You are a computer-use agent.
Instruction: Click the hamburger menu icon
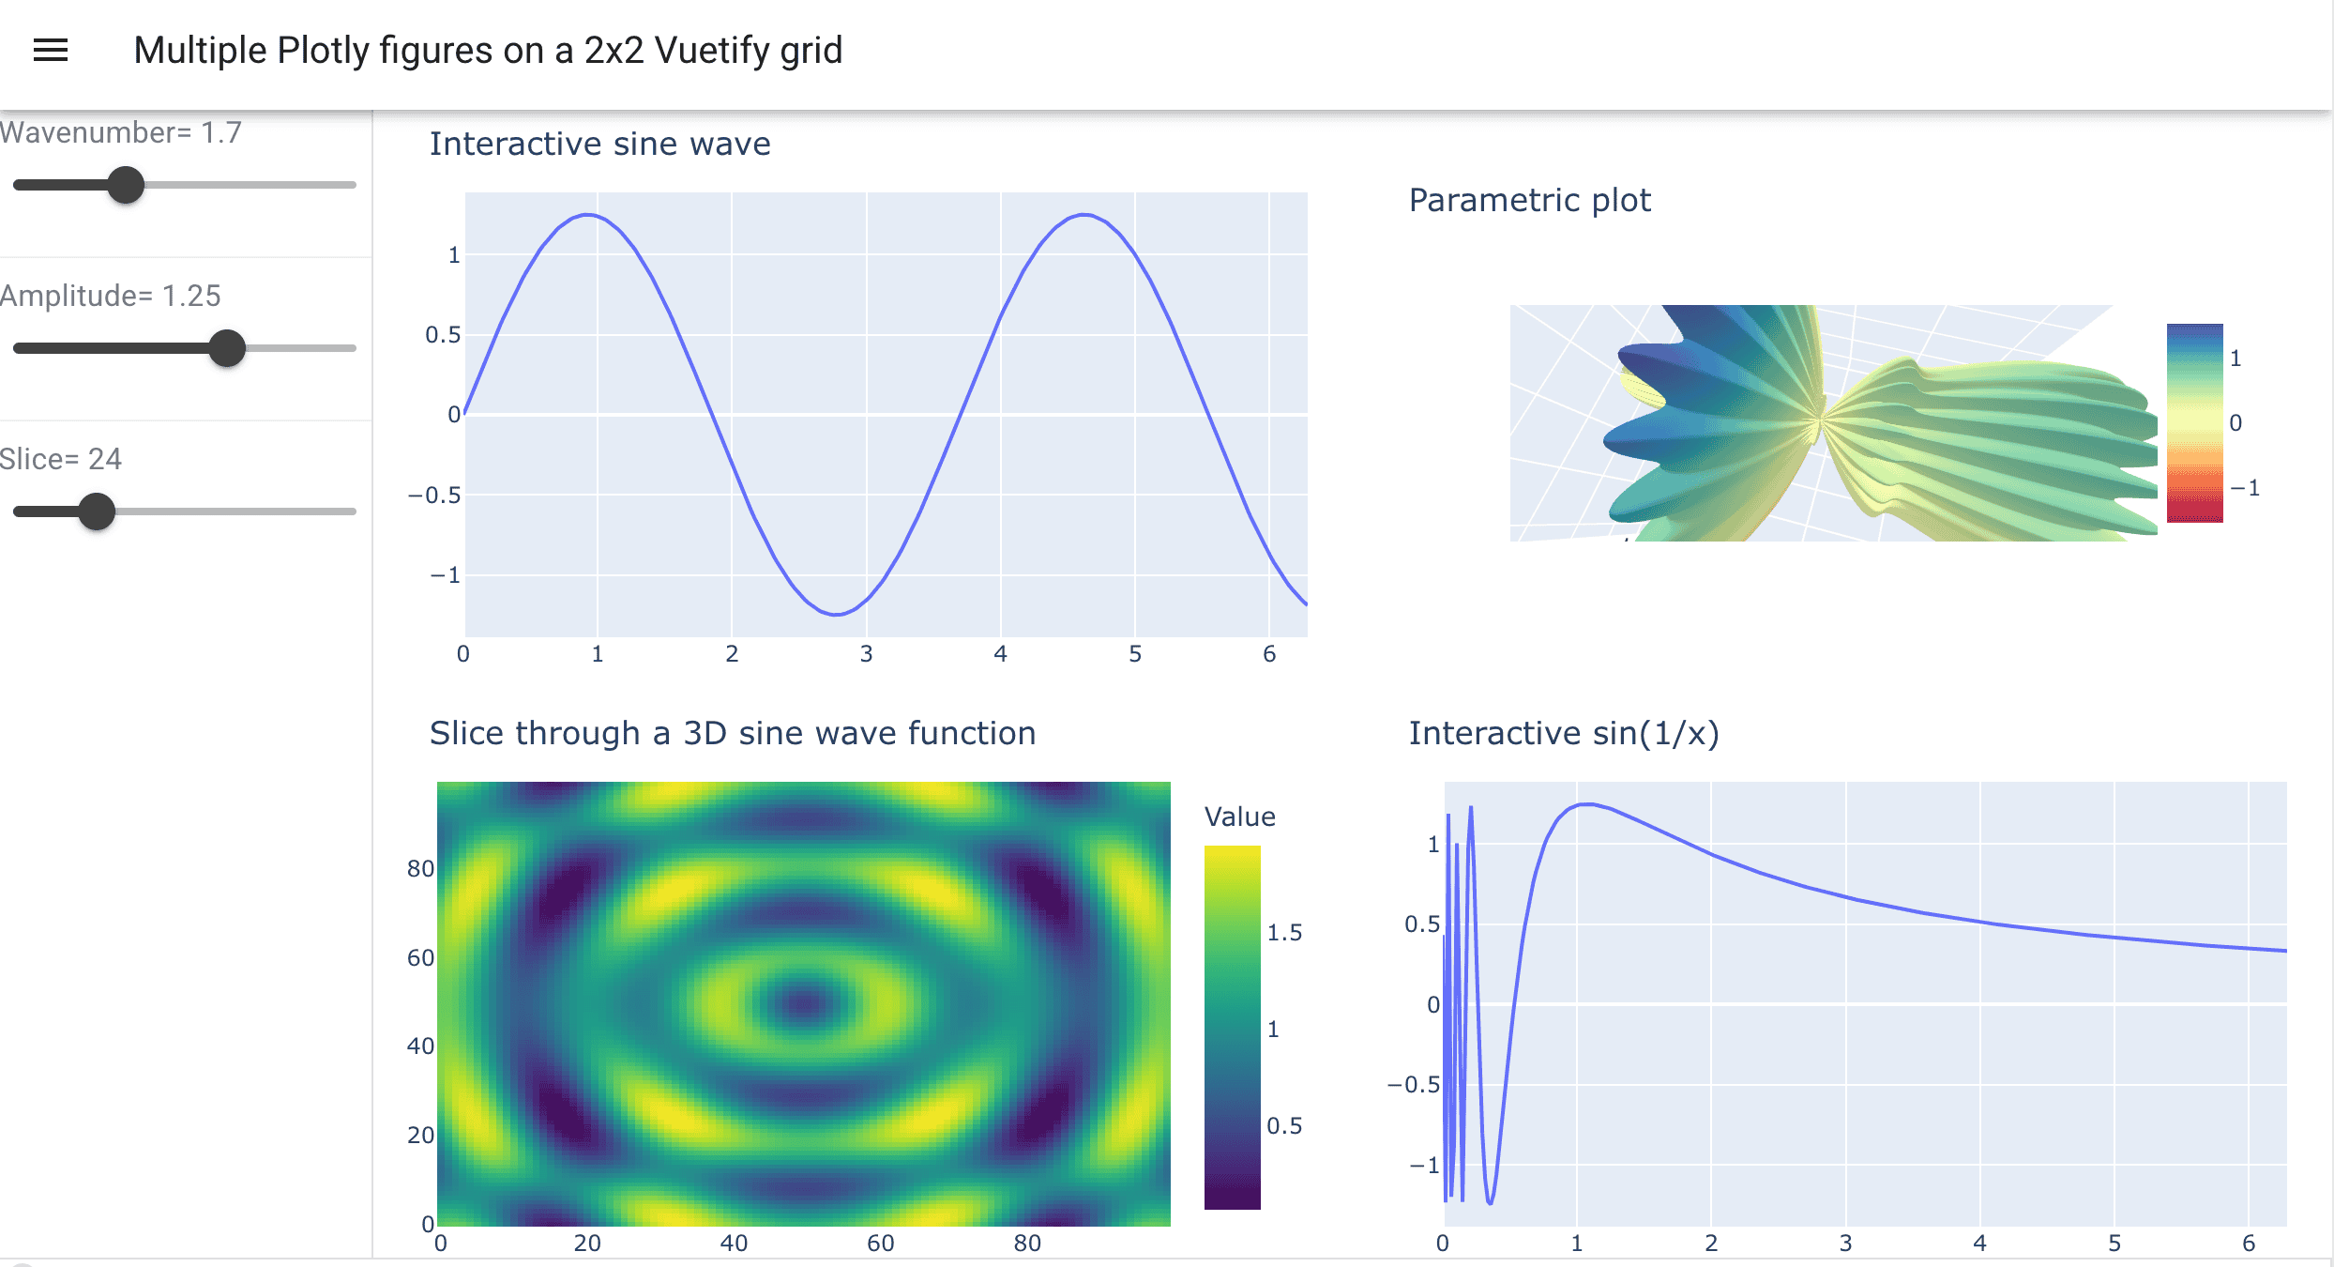51,51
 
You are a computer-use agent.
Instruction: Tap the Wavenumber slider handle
126,185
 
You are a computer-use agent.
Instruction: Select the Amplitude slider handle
227,348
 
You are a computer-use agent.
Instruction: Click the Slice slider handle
97,511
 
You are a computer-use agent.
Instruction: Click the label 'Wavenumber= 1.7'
121,133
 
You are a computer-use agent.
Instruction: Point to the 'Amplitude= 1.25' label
111,297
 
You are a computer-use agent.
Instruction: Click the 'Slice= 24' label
61,459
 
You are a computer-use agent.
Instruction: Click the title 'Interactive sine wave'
599,145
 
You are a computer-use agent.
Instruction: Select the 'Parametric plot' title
1529,201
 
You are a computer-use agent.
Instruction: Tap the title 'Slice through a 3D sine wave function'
732,734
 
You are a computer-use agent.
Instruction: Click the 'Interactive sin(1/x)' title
1564,734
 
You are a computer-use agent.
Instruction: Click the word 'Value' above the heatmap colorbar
1239,817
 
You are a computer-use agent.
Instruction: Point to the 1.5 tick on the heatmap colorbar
1284,933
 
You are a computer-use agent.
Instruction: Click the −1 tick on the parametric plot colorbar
2245,488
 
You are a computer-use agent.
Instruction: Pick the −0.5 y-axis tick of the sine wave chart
434,496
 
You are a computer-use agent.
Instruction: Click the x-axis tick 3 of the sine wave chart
866,654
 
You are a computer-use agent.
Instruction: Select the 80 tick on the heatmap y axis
420,869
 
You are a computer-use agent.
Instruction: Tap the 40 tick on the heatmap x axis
734,1244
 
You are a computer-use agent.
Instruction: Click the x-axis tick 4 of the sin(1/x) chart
1979,1244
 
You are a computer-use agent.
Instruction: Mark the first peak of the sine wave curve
588,215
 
